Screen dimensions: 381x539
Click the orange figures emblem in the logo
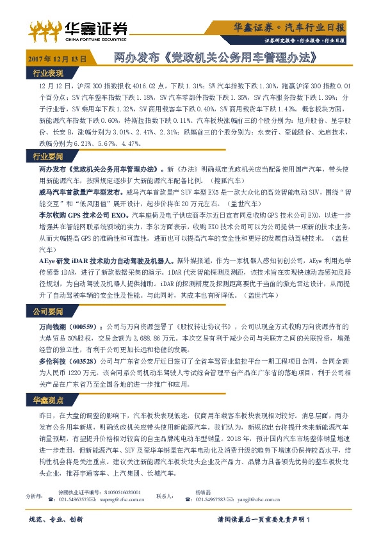pyautogui.click(x=44, y=28)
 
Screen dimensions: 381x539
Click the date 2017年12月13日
pyautogui.click(x=57, y=58)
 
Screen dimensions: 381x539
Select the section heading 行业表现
pyautogui.click(x=48, y=72)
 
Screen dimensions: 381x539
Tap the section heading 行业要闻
pyautogui.click(x=48, y=157)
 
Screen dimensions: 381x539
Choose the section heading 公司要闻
pyautogui.click(x=48, y=312)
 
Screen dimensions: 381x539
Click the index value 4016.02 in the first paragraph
pyautogui.click(x=148, y=85)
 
